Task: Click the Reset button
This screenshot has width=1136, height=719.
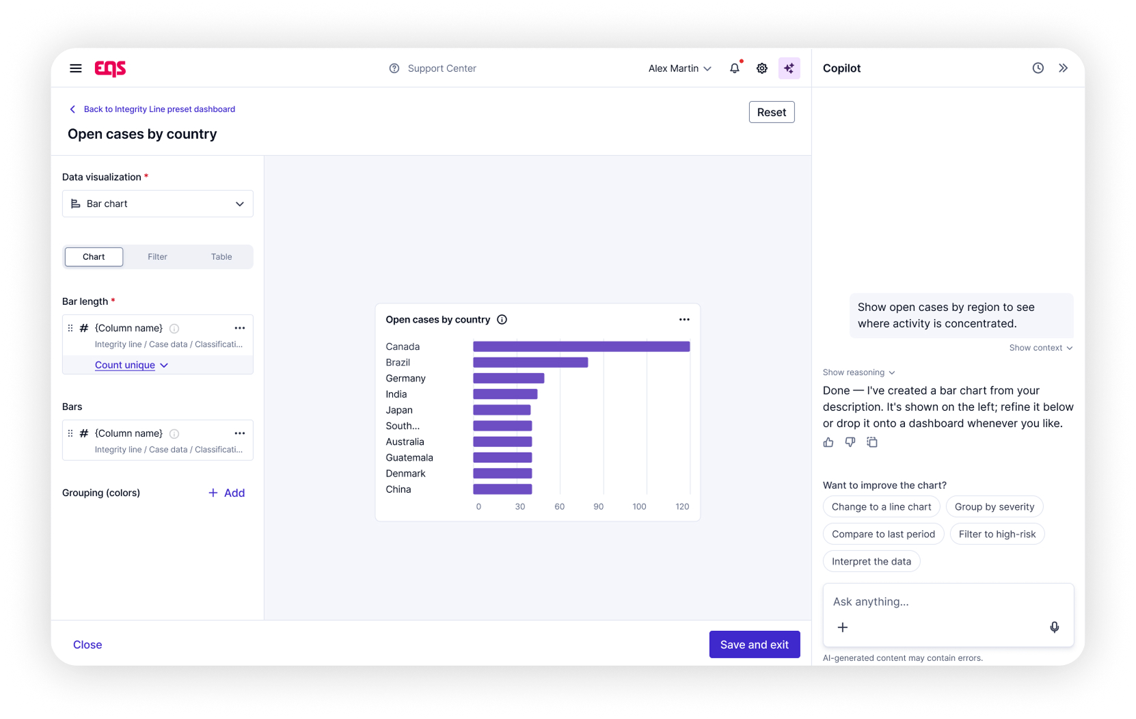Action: click(772, 112)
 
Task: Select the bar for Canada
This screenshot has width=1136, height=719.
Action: click(581, 347)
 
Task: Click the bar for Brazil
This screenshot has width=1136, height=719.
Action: click(530, 362)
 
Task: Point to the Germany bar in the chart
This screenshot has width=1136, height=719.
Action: click(509, 378)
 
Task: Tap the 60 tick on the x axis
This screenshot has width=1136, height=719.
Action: click(559, 506)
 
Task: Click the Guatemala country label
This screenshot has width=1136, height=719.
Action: click(409, 457)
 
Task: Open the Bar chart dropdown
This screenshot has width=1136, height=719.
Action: click(158, 203)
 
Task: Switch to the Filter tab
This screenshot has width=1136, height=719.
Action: click(157, 256)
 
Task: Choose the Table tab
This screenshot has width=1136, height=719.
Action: click(221, 256)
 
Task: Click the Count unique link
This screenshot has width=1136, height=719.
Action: click(125, 365)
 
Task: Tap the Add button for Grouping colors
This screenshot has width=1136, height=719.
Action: click(227, 493)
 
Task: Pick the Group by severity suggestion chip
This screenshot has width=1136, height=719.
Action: click(994, 506)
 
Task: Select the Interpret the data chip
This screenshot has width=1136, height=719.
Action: click(871, 561)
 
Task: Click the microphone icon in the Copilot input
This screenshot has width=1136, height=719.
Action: click(1055, 627)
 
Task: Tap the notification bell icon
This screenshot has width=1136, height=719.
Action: click(734, 68)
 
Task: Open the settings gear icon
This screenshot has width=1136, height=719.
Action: click(761, 68)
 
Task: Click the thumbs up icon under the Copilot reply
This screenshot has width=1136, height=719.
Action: click(828, 442)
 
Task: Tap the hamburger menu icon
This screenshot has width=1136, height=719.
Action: click(76, 68)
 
